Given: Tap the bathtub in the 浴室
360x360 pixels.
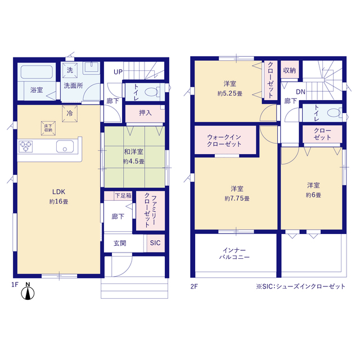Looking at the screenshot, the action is pos(37,72).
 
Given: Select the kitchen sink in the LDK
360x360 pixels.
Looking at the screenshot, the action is pos(65,146).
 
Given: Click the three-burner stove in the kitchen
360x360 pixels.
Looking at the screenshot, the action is pos(25,146).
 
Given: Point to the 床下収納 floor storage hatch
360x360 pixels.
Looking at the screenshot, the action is pos(48,128).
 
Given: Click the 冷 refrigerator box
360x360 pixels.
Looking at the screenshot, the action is pos(70,114).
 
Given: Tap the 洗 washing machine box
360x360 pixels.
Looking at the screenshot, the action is pos(70,70).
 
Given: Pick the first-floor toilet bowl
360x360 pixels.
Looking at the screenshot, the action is pos(152,92).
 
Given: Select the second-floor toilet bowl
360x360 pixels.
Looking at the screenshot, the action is pos(334,112).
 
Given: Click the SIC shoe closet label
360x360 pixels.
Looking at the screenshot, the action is pos(155,242).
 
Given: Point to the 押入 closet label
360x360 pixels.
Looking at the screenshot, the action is pos(145,112).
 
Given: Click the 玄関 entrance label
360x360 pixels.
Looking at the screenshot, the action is pos(120,243).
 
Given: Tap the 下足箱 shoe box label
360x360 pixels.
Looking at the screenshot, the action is pos(123,196).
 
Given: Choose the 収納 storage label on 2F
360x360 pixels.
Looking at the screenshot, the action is pos(289,70).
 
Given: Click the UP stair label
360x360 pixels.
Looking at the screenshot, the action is pos(118,72).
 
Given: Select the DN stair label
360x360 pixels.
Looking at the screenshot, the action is pos(300,92).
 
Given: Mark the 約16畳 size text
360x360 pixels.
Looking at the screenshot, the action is pos(58,201).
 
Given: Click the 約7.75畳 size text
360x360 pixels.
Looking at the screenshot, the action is pos(237,199).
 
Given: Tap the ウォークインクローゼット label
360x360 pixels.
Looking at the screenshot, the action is pos(224,141).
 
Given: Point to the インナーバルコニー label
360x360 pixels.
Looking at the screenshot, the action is pos(235,254).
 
